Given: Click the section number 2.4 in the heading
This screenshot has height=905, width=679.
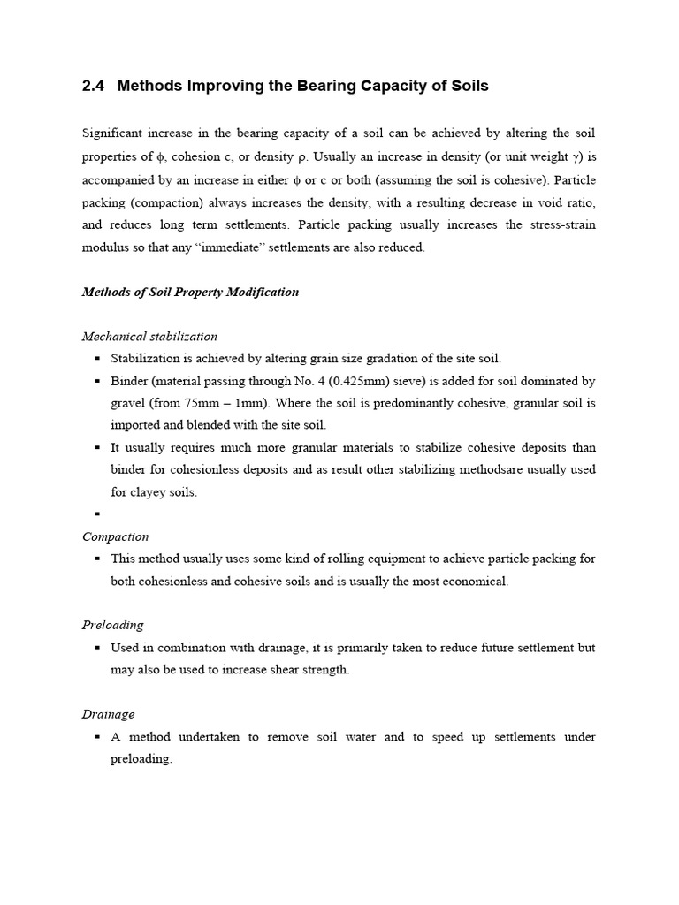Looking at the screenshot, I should [x=93, y=86].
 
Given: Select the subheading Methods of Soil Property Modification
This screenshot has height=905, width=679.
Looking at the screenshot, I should [x=190, y=292].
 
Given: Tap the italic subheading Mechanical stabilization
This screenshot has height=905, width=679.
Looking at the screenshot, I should [x=149, y=336].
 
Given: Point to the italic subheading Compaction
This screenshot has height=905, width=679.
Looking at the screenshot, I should [x=115, y=536].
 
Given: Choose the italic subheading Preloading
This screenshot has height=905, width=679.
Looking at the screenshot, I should [x=112, y=625].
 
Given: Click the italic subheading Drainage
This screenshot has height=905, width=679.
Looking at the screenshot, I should [x=108, y=714].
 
